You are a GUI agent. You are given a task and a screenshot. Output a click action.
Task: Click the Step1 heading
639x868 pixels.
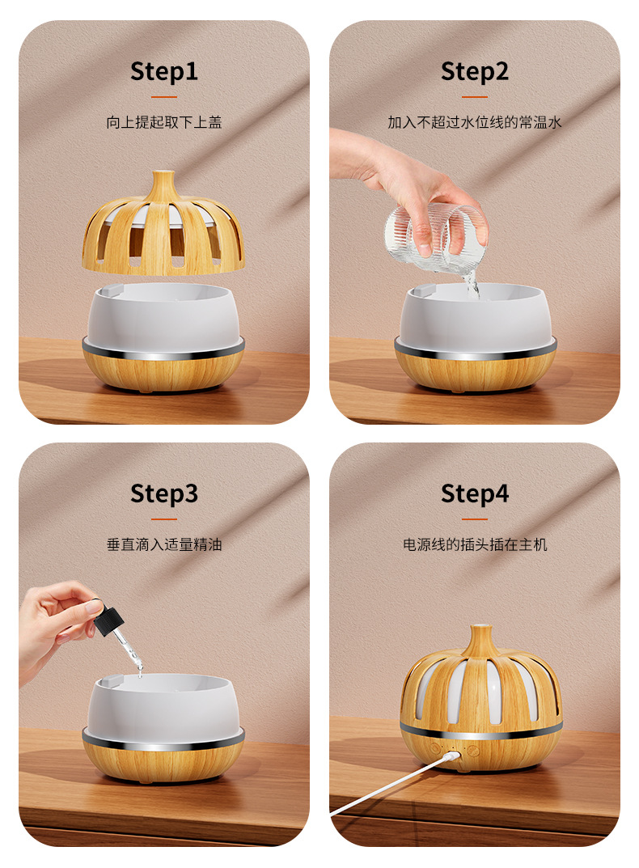(x=164, y=72)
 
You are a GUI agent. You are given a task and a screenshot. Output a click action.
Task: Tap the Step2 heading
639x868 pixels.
(x=475, y=72)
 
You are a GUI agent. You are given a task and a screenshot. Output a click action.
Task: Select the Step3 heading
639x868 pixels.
(x=164, y=493)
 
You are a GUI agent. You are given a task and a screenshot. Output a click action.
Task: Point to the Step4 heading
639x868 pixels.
(x=475, y=493)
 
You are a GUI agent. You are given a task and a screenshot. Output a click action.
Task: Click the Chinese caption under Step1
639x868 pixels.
(x=164, y=122)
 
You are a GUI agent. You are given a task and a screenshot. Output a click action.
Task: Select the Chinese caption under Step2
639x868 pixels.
(x=475, y=122)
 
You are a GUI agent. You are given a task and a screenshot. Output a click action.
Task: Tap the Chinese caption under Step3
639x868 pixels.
(x=164, y=544)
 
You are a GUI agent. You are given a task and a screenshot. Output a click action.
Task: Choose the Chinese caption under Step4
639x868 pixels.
(x=475, y=544)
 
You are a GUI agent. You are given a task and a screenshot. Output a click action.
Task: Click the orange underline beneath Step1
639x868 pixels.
(x=164, y=97)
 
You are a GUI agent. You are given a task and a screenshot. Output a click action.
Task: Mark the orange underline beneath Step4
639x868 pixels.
(x=475, y=519)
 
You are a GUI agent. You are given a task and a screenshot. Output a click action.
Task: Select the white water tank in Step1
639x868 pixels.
(x=163, y=315)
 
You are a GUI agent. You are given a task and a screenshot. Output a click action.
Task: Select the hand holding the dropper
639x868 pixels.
(x=55, y=625)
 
